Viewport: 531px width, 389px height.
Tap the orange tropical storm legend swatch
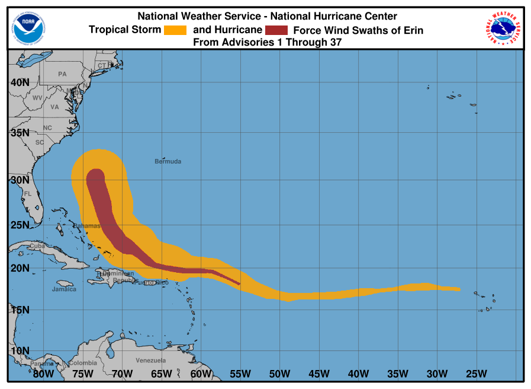[x=175, y=30]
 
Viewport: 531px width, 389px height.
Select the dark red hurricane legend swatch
[x=276, y=30]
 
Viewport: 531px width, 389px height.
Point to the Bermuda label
[x=168, y=161]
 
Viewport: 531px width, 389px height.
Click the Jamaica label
[x=64, y=289]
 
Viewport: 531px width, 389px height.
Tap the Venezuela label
[x=150, y=361]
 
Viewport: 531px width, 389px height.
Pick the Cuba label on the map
[x=37, y=245]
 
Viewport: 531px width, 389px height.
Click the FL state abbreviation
[x=27, y=194]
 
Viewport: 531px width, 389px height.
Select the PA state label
[x=62, y=74]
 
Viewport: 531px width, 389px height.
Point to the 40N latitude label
[x=20, y=82]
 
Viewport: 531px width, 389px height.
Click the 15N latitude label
[x=20, y=310]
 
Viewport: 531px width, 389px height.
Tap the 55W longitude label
[x=240, y=374]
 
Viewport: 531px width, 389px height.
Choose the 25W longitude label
[x=476, y=374]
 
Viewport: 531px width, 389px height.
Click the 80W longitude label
[x=43, y=374]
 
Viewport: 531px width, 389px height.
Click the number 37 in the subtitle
[x=335, y=42]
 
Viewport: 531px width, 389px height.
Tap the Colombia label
[x=82, y=363]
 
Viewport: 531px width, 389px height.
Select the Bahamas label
[x=86, y=226]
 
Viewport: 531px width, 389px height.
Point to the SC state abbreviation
[x=40, y=142]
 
